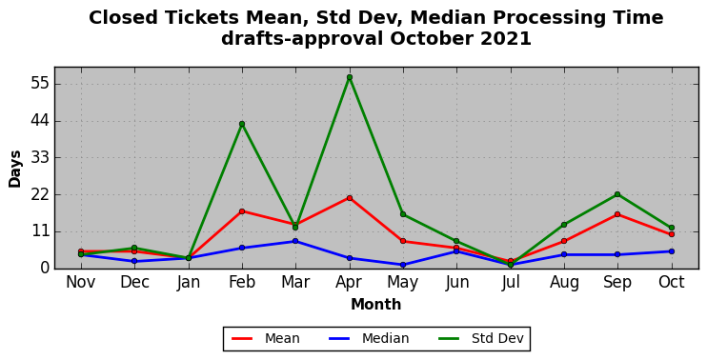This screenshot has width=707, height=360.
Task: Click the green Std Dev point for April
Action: (x=350, y=77)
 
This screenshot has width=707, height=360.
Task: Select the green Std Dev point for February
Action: (x=242, y=124)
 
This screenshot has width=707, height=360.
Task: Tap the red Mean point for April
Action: (x=350, y=198)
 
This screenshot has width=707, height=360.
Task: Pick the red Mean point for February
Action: (x=242, y=211)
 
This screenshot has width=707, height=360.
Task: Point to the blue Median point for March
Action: (x=295, y=241)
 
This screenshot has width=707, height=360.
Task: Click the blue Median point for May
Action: (x=403, y=265)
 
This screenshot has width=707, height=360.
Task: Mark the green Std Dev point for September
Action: (x=617, y=194)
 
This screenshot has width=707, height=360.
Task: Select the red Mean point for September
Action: (x=617, y=214)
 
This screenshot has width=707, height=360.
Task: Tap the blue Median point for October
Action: (x=672, y=251)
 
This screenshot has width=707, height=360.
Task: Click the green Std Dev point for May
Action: (x=403, y=214)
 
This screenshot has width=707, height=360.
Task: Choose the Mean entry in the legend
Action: (x=266, y=338)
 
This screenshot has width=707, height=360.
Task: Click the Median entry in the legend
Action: (x=369, y=338)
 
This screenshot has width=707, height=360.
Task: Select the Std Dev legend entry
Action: (x=480, y=338)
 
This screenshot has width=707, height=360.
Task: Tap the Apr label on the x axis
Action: (x=350, y=283)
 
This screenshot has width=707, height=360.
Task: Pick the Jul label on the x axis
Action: (x=511, y=282)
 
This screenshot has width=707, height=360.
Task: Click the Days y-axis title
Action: (x=15, y=169)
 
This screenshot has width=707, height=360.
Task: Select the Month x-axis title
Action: (x=376, y=305)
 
